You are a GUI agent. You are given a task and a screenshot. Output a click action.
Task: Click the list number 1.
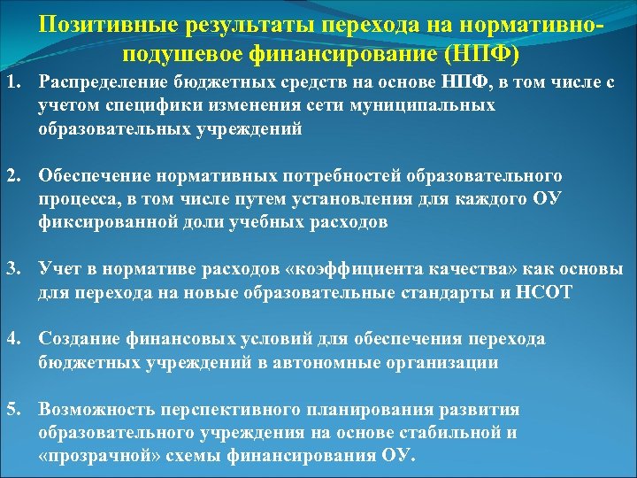tap(12, 84)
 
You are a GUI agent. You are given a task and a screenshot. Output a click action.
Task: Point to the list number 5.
tap(12, 410)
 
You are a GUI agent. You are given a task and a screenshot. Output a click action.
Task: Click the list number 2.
tap(12, 177)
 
